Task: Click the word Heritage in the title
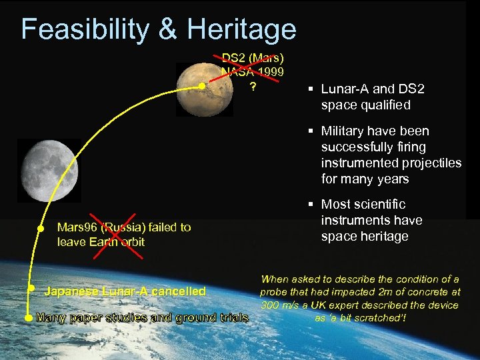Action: coord(241,29)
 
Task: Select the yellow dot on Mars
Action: coord(202,86)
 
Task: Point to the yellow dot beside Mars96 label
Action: coord(40,228)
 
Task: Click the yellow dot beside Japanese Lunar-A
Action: coord(31,288)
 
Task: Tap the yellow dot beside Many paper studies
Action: coord(27,318)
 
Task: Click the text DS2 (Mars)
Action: coord(253,58)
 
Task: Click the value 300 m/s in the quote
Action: coord(279,305)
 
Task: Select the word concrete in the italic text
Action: coord(426,292)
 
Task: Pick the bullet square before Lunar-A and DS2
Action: coord(311,89)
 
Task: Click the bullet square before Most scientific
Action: coord(311,205)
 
